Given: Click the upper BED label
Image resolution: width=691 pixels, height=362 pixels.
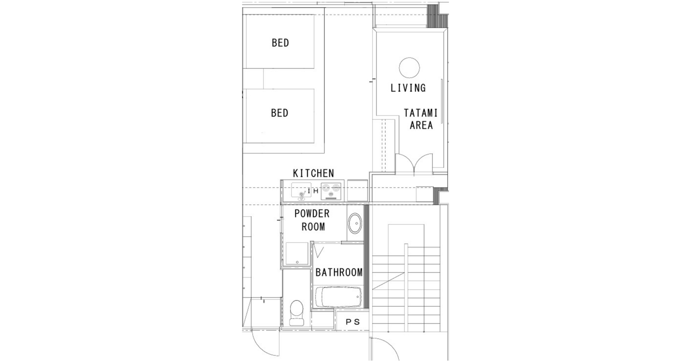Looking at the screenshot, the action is point(280,43).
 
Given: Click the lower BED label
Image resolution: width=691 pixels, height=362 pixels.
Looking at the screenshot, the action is point(280,113).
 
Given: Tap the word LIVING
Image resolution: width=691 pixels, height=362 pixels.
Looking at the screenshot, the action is point(408,88).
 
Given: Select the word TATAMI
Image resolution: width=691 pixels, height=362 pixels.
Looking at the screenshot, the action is point(420,113).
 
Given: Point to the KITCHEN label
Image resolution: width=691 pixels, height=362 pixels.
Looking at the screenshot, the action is point(313,173).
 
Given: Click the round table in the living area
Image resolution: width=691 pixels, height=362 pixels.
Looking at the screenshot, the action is point(409,68).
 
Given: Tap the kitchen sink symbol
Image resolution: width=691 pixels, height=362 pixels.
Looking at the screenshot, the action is point(301,190).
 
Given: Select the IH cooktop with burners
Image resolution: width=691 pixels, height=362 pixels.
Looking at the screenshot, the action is point(331,191).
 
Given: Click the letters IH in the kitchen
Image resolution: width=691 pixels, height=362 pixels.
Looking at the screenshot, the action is point(313,191).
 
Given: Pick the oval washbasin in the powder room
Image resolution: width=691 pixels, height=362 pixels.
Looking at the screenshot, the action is point(355,223).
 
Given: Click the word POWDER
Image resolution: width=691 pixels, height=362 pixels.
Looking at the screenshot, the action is point(312,214).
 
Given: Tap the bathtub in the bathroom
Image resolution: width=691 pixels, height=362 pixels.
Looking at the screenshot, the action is point(338,297).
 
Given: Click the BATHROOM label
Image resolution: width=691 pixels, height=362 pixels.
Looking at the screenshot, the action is point(339,272).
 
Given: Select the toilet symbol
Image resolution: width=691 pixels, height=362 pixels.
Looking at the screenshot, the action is point(297,312).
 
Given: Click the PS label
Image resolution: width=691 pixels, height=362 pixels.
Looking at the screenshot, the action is point(353,322).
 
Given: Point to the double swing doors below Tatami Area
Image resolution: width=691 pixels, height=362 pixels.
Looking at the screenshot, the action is point(414,164).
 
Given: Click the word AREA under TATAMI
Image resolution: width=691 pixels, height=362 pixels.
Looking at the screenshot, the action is point(421,126).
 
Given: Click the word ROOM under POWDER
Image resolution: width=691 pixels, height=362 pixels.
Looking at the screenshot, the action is point(313,227).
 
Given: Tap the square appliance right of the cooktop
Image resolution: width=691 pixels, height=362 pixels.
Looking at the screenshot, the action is point(357,190).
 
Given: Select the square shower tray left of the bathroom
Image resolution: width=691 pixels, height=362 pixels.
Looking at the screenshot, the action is point(297,254).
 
